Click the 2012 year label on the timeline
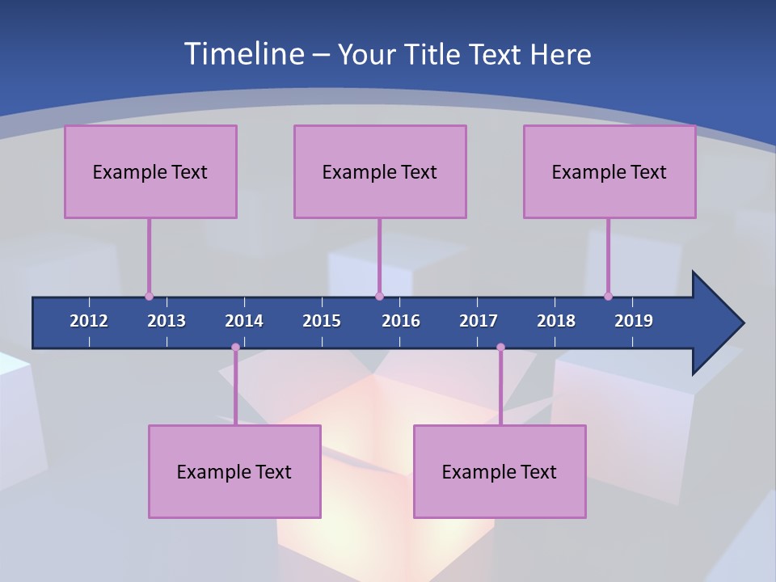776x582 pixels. (x=89, y=321)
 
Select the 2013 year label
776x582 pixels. (x=167, y=321)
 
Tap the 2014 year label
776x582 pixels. (x=244, y=321)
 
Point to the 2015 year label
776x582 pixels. (x=322, y=321)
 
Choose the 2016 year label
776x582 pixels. (x=401, y=321)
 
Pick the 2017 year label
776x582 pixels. (x=479, y=321)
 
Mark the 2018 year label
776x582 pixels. (x=556, y=321)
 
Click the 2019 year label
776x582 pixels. (x=634, y=321)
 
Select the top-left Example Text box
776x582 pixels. (x=150, y=171)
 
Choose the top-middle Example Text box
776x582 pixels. (x=380, y=171)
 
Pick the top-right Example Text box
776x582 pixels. (x=609, y=171)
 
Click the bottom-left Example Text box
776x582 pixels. (x=234, y=471)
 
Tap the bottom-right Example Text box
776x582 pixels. (x=500, y=471)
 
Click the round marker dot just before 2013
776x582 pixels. (x=149, y=296)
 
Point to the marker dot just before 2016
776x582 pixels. (x=379, y=296)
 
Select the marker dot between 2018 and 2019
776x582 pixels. (x=608, y=296)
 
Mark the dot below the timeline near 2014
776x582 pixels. (x=235, y=348)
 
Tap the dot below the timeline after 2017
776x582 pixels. (x=500, y=348)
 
